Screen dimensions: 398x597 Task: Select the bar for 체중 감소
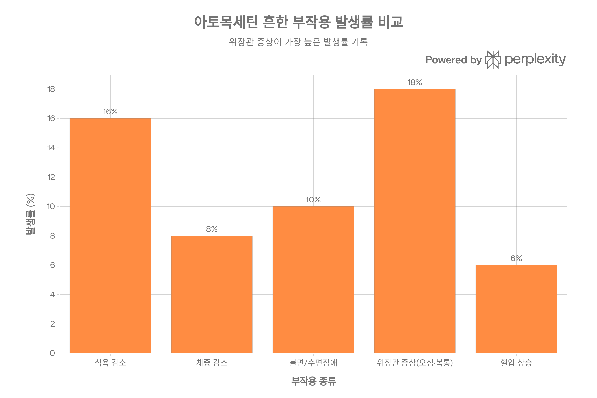click(212, 295)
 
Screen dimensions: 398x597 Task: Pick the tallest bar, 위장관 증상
click(415, 221)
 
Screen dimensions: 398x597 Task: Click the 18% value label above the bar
click(415, 83)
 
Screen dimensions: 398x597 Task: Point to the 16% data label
click(110, 112)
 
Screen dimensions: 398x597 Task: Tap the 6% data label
click(516, 259)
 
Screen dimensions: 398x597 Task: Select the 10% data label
click(313, 200)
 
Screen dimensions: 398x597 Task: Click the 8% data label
click(212, 229)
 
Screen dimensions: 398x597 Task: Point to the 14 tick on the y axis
click(51, 148)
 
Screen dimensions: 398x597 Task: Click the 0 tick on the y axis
click(52, 353)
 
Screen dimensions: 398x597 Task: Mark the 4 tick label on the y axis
click(52, 295)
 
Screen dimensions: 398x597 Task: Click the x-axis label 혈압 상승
click(516, 363)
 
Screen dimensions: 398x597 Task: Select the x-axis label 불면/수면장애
click(313, 363)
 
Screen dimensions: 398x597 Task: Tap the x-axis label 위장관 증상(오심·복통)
click(415, 363)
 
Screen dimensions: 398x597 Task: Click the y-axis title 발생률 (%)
click(31, 214)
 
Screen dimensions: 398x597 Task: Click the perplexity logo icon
click(493, 60)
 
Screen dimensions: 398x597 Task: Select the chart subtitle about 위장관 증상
click(298, 42)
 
